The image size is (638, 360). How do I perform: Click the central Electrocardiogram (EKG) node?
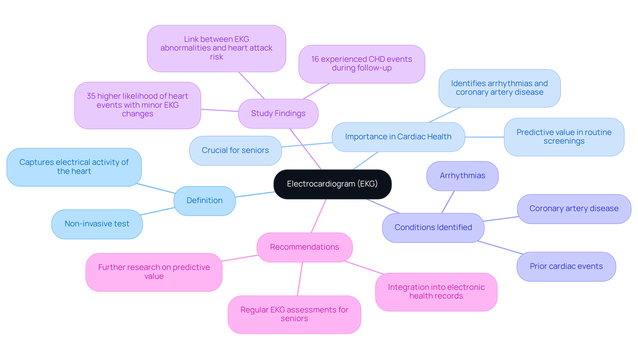332,184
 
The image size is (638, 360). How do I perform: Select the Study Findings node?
278,114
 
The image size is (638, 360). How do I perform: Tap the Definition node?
204,201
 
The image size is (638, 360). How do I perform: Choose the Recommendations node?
304,247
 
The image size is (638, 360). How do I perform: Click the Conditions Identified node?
433,228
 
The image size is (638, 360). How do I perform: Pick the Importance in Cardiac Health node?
398,137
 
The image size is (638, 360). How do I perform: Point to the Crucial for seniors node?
235,151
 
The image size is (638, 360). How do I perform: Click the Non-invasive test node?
97,224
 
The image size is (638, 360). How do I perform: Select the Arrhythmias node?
462,176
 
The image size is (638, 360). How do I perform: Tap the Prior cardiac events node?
566,267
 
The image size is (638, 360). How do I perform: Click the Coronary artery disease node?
574,209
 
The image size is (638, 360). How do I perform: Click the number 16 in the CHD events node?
315,60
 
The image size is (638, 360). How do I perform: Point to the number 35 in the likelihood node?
91,96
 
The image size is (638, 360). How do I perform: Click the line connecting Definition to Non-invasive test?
158,211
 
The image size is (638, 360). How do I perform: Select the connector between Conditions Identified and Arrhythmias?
448,202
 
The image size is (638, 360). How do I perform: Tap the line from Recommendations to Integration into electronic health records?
364,268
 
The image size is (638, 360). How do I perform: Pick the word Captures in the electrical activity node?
37,163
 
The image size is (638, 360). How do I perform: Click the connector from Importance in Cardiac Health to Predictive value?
484,137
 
